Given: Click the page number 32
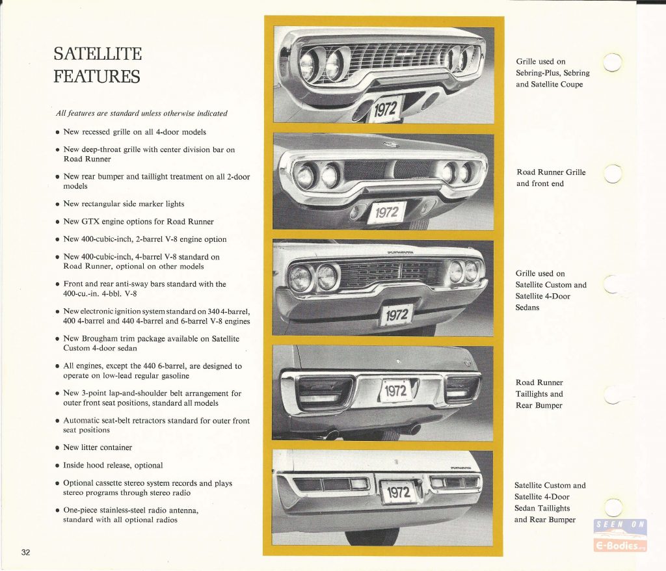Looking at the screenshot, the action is tap(26, 552).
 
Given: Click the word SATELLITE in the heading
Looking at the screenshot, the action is tap(98, 54).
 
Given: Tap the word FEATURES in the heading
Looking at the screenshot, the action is tap(97, 77).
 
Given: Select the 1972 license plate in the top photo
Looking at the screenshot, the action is tap(386, 109).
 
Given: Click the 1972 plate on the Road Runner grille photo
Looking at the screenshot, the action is tap(386, 213).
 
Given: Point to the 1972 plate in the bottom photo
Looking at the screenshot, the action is tap(399, 492).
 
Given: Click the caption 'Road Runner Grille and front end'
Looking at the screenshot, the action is tap(551, 178).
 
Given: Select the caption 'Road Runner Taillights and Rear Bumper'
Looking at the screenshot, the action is tap(539, 394).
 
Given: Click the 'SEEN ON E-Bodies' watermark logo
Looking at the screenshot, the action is tap(620, 535).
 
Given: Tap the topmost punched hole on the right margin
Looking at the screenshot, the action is tap(613, 62).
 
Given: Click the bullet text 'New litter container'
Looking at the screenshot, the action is tap(98, 447).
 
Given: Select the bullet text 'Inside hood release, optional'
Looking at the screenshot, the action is tap(113, 465).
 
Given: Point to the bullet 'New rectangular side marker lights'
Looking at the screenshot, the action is tap(124, 204).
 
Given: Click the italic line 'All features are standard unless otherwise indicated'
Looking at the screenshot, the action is tap(141, 113).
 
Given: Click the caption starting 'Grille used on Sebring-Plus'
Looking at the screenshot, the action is tap(553, 73).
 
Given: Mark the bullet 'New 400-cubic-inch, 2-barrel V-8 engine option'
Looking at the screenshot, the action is tap(145, 239).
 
